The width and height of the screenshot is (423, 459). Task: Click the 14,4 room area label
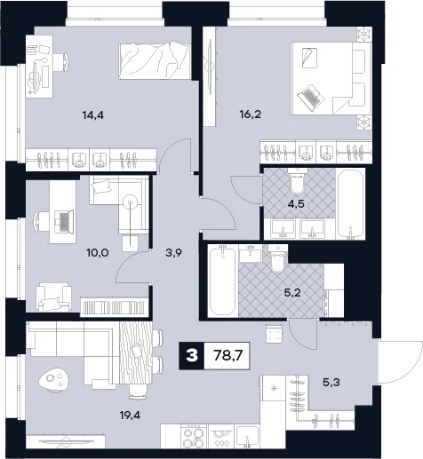(x=93, y=115)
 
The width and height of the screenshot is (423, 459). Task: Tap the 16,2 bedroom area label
(x=251, y=115)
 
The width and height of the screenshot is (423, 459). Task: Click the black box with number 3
(x=192, y=355)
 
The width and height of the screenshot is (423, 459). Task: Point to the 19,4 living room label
(x=130, y=415)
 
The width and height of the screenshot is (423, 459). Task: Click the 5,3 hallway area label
(x=331, y=383)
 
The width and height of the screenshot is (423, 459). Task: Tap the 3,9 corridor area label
(x=173, y=253)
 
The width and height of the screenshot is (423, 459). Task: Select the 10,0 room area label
(x=98, y=253)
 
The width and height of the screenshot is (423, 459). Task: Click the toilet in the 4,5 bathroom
(x=297, y=180)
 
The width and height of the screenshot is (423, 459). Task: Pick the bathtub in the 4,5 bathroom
(x=351, y=204)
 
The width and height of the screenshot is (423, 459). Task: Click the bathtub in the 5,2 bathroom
(x=222, y=280)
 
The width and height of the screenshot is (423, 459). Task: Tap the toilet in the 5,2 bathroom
(x=277, y=257)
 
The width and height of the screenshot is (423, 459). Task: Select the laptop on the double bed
(x=309, y=98)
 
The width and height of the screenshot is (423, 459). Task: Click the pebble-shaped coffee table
(x=54, y=380)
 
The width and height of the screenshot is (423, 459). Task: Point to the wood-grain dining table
(x=136, y=352)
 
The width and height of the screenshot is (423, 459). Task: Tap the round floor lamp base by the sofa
(x=130, y=202)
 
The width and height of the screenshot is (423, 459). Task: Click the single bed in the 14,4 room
(x=154, y=61)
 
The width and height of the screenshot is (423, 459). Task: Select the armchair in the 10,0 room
(x=53, y=297)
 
